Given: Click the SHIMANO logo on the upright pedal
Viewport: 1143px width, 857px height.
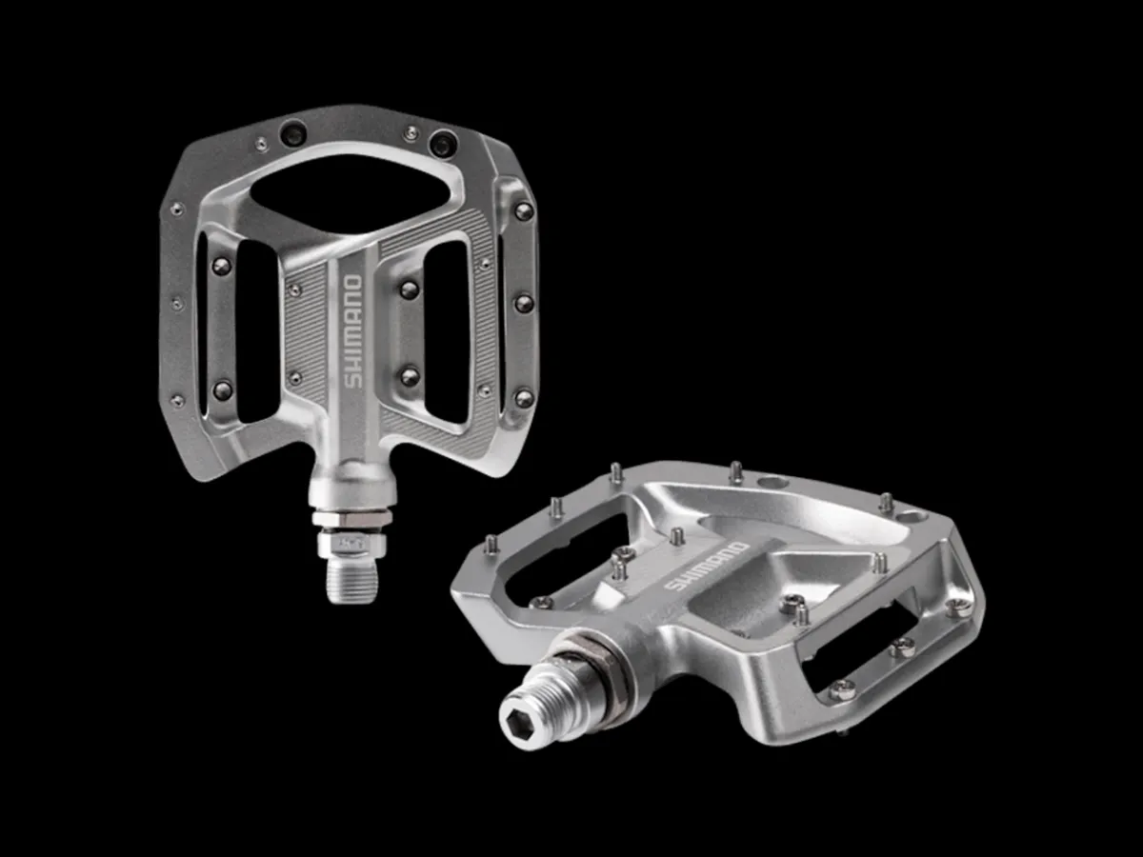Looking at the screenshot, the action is pos(353,331).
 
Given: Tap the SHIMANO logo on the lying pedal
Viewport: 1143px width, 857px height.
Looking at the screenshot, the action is pos(707,568).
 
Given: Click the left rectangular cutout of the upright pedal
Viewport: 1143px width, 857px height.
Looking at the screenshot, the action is pos(257,332).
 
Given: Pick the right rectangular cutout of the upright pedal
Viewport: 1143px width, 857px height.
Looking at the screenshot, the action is pos(447,332).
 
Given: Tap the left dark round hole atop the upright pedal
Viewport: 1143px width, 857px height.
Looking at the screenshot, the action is pos(293,133).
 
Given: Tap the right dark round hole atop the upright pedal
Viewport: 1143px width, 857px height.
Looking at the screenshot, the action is pos(443,143).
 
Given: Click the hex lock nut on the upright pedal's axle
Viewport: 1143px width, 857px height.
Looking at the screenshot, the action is pos(352,517).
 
